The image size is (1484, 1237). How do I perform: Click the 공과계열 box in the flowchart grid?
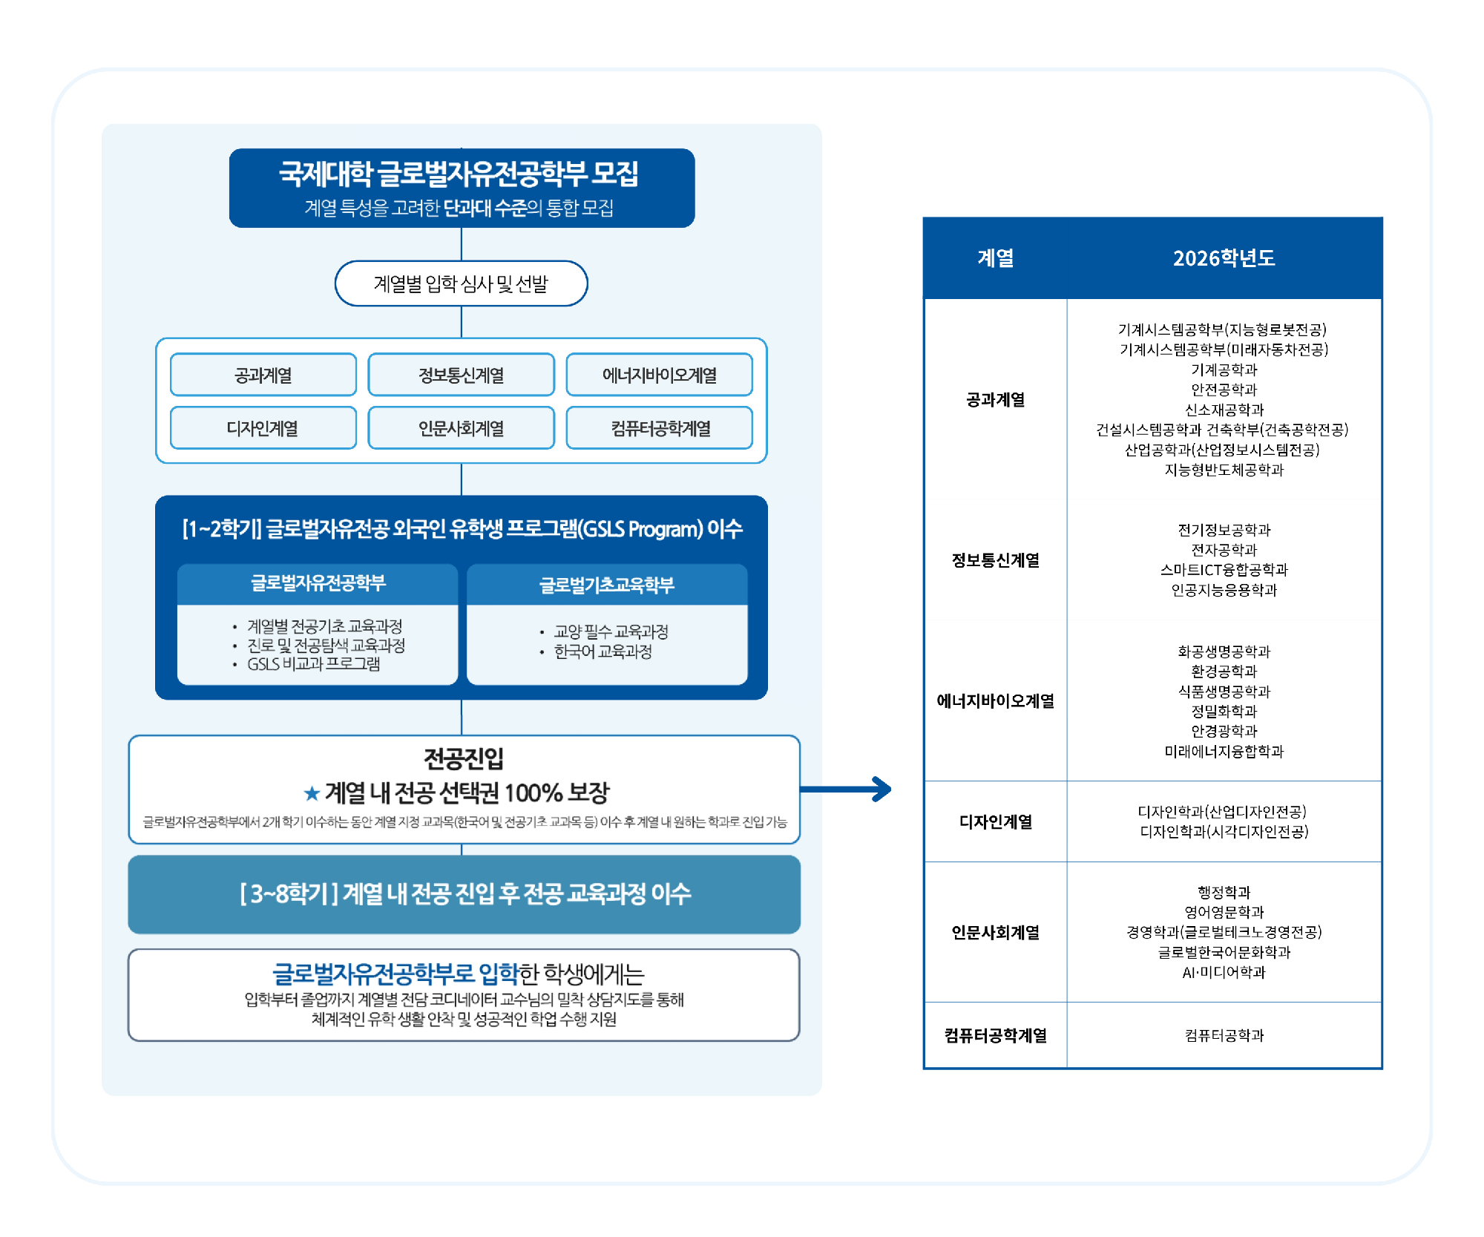[263, 375]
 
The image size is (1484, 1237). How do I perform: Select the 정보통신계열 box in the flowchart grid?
[461, 375]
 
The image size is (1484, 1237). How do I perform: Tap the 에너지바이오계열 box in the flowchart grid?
[659, 375]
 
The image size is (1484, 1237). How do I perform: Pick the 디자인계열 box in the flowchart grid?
[263, 428]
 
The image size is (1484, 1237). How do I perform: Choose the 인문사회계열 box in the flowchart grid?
[461, 428]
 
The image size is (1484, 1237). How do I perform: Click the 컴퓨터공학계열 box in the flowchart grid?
[659, 428]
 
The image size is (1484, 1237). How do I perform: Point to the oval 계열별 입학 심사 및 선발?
[461, 283]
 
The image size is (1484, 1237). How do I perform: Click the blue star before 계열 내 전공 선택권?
[312, 794]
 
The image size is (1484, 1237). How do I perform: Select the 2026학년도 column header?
[1224, 258]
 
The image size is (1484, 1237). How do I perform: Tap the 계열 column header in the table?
[995, 258]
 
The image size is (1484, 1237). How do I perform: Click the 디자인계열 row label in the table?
[995, 821]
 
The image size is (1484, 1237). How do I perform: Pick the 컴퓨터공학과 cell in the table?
[1224, 1035]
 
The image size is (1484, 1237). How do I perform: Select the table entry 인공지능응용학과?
[1224, 590]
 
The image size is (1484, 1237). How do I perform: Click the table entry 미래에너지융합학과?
[1224, 751]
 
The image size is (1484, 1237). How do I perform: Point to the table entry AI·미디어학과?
[1224, 972]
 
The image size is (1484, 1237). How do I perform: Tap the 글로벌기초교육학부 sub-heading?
[606, 585]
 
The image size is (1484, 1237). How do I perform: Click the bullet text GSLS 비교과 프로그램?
[313, 664]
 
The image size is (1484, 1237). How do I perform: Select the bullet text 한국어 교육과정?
[603, 652]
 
